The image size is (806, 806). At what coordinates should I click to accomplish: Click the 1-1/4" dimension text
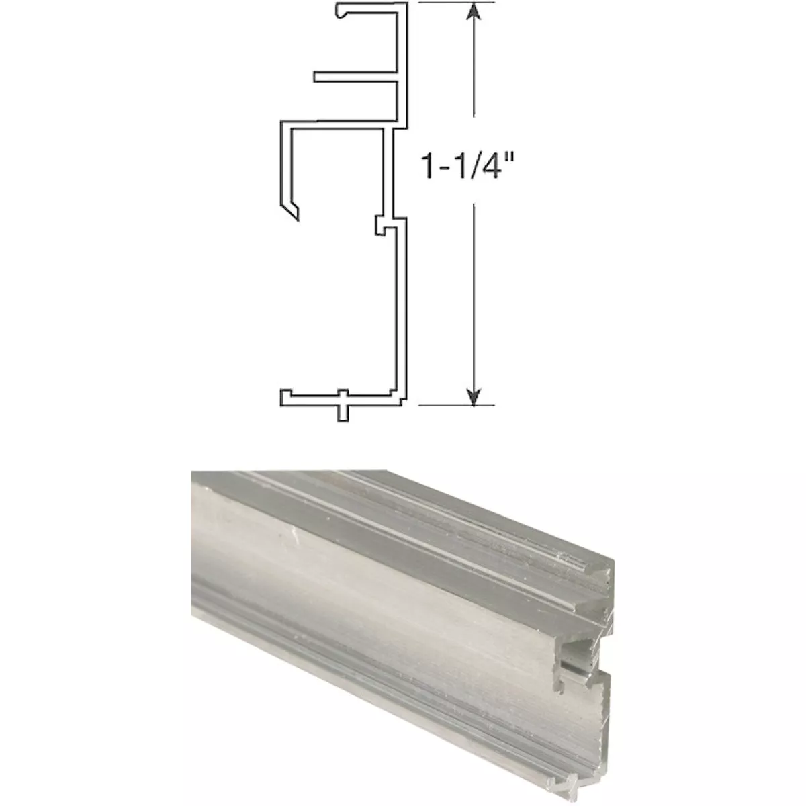(x=468, y=166)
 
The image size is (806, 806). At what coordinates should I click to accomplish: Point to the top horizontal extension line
(x=457, y=3)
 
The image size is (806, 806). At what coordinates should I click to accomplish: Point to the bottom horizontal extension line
(x=457, y=406)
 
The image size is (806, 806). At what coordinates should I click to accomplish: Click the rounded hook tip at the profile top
(x=341, y=11)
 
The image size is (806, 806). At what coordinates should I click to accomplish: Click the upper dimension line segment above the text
(x=475, y=74)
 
